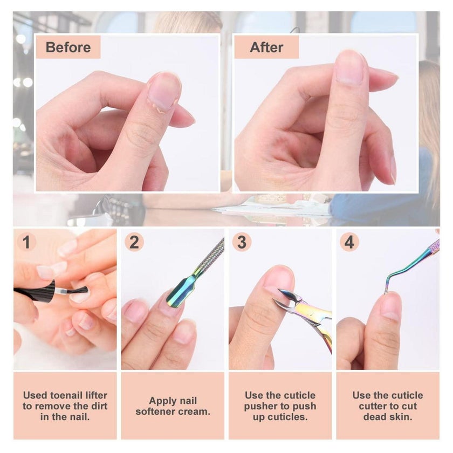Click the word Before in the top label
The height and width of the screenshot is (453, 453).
(x=68, y=47)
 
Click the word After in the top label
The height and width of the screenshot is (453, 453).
(x=266, y=47)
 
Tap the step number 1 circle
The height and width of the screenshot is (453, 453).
(x=26, y=242)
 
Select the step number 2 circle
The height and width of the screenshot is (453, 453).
(x=134, y=242)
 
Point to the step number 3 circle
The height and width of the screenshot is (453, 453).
(x=242, y=242)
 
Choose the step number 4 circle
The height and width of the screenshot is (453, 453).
(x=349, y=242)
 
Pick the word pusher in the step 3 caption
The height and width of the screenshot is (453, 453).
(x=263, y=406)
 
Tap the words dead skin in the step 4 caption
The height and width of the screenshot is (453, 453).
(x=388, y=417)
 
